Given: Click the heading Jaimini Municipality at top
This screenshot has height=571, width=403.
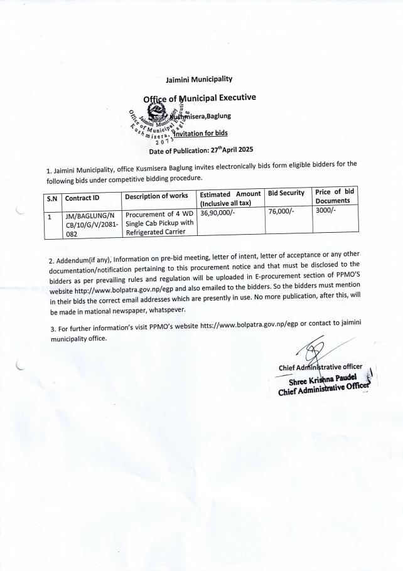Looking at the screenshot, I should coord(198,79).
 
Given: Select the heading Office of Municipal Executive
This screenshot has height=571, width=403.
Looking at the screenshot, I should coord(199,98).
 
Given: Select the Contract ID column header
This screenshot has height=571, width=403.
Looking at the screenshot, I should coord(82,198).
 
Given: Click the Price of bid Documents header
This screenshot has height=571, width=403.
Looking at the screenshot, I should coord(336,196).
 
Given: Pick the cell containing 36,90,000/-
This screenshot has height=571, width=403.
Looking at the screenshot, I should coord(217,213).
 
